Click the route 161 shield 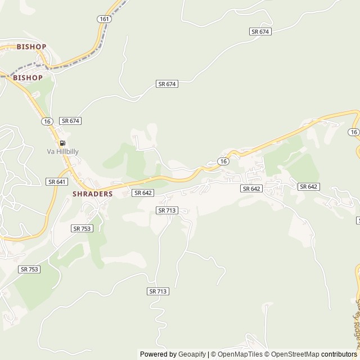pos(104,19)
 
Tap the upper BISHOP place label pos(31,47)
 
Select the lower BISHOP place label pos(28,78)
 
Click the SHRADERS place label pos(93,193)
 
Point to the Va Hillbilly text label pos(62,151)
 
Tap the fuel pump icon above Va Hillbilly pos(62,143)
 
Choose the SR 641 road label pos(57,182)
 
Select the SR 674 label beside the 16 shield pos(71,121)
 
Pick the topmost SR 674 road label pos(260,31)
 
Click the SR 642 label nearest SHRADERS pos(143,193)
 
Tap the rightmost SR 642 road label pos(309,187)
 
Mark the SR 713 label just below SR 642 pos(167,210)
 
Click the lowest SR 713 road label pos(159,291)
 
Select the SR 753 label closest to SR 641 pos(82,228)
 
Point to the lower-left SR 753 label pos(29,269)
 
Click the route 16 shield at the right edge pos(353,132)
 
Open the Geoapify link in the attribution pos(192,354)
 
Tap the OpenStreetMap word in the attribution pos(293,354)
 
